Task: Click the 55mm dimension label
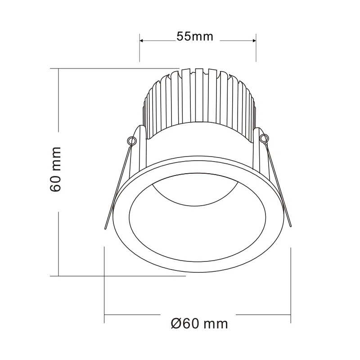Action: click(195, 37)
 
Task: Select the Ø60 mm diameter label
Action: click(199, 323)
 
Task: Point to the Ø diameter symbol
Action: click(176, 323)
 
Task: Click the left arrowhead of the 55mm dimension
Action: click(142, 40)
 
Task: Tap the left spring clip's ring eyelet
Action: click(131, 141)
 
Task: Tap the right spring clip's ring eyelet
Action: click(264, 138)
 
